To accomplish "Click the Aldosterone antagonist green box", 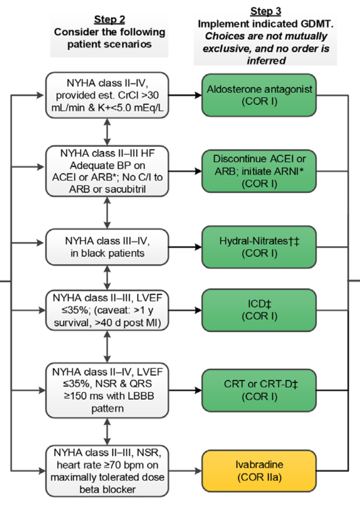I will click(259, 95).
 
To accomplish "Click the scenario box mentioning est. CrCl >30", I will click(107, 95).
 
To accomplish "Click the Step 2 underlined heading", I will click(109, 19).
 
